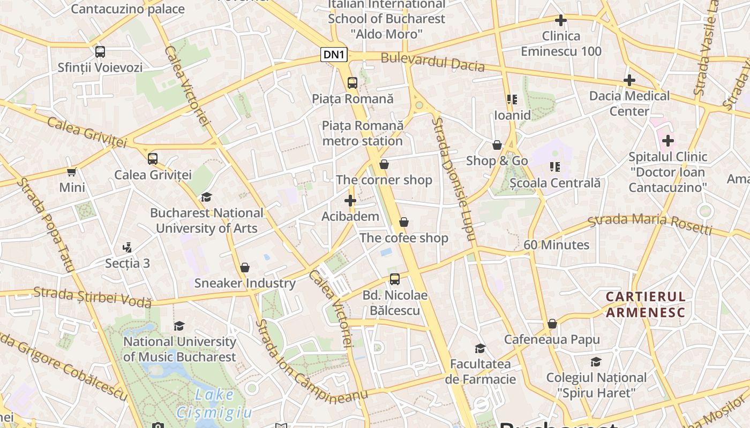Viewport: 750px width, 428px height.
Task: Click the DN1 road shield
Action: tap(334, 54)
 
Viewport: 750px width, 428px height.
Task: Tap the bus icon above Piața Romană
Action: tap(352, 82)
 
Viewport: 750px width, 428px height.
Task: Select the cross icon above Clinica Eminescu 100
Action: tap(561, 20)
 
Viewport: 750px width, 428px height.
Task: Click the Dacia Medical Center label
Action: tap(629, 103)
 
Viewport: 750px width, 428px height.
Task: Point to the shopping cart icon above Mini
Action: tap(72, 172)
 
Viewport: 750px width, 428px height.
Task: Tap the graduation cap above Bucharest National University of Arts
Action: tap(206, 197)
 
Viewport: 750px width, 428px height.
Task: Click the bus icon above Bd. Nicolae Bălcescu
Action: tap(395, 279)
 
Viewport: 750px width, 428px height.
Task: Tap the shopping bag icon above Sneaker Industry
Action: tap(245, 267)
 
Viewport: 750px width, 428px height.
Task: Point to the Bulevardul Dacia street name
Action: tap(432, 62)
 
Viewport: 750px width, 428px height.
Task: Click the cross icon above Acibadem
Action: tap(350, 201)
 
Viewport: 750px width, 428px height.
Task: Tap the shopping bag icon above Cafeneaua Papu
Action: tap(552, 324)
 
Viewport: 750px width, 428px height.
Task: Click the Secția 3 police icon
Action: tap(127, 247)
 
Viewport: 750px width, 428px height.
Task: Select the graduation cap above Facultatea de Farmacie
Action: tap(480, 348)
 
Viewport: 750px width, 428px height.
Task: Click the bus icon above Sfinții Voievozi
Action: tap(100, 51)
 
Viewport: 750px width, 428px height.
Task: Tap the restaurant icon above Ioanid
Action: tap(512, 99)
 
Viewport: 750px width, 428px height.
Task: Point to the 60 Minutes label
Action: tap(556, 244)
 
